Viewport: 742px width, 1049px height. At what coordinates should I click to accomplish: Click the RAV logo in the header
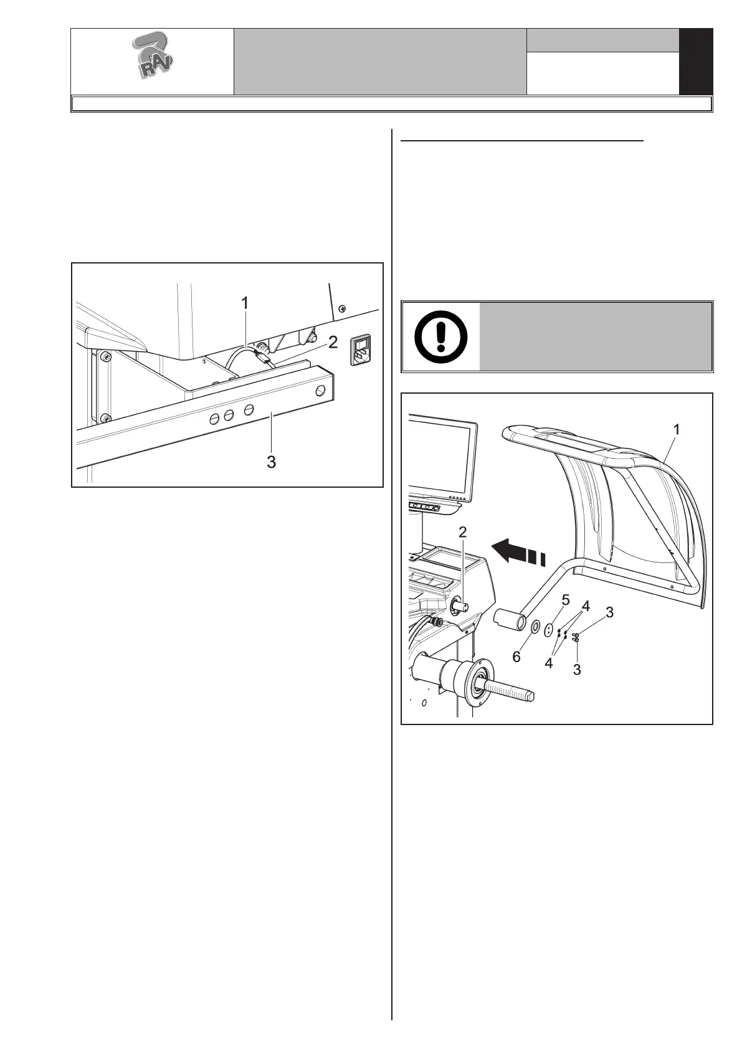click(x=152, y=60)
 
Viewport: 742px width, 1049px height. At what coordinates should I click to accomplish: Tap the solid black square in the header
click(x=695, y=62)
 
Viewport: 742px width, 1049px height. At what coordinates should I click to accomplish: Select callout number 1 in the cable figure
click(x=245, y=303)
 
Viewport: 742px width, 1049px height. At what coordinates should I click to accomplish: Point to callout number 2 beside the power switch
click(x=333, y=342)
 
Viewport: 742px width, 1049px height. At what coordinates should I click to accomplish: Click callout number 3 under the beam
click(x=272, y=462)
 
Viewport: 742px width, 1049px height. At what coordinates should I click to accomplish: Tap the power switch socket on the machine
click(x=361, y=351)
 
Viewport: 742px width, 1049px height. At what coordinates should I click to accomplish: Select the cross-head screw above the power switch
click(x=341, y=308)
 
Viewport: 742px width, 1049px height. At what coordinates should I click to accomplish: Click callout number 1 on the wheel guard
click(x=677, y=430)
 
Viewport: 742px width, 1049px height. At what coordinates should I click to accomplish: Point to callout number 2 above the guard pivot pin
click(x=463, y=532)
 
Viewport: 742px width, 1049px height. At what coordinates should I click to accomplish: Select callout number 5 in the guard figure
click(x=566, y=600)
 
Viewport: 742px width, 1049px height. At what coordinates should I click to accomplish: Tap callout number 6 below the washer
click(x=516, y=657)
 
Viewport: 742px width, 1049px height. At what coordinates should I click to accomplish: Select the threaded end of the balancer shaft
click(x=511, y=690)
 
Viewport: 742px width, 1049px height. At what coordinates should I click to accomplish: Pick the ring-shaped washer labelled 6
click(x=534, y=626)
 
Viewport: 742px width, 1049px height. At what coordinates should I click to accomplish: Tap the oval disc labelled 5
click(x=548, y=630)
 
